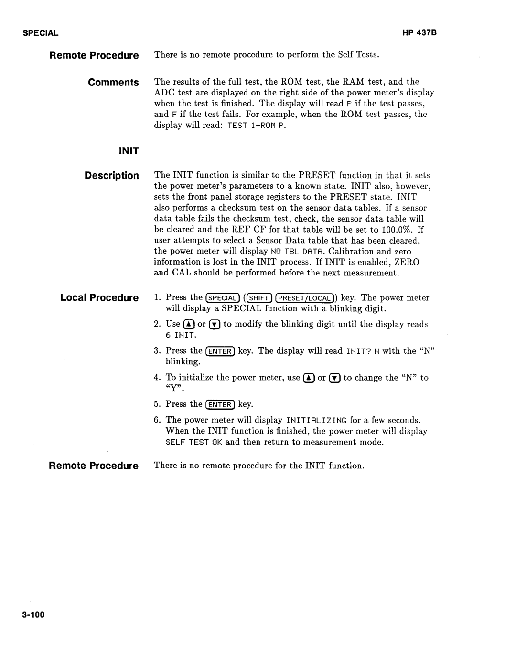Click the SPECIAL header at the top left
(x=40, y=33)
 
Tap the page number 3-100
(x=33, y=614)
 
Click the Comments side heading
(x=113, y=83)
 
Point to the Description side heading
(x=112, y=176)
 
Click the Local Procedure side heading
(x=99, y=298)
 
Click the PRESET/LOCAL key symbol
(x=304, y=298)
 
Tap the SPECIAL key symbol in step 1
(x=222, y=298)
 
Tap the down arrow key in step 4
(x=335, y=378)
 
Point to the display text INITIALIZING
(x=317, y=421)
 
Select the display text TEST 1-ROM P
(x=257, y=126)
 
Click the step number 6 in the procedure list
(x=157, y=420)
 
